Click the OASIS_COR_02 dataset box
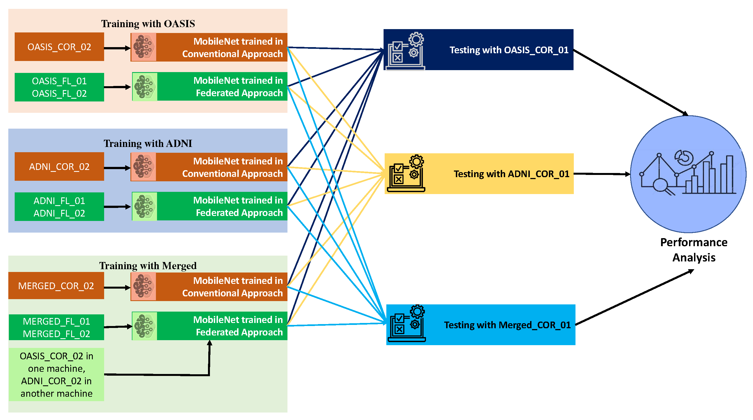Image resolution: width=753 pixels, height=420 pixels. pyautogui.click(x=59, y=47)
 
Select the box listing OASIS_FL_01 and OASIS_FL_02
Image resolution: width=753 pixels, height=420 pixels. pyautogui.click(x=59, y=87)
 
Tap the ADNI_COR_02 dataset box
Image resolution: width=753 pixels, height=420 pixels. pyautogui.click(x=59, y=167)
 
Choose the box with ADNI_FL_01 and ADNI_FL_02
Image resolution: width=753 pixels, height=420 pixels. pyautogui.click(x=59, y=207)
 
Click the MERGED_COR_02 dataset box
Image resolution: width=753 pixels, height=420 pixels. pyautogui.click(x=56, y=286)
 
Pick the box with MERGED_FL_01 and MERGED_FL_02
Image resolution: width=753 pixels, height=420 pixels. pyautogui.click(x=56, y=327)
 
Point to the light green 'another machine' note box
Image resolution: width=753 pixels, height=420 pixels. pyautogui.click(x=56, y=374)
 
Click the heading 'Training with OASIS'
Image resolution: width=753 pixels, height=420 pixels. pyautogui.click(x=148, y=24)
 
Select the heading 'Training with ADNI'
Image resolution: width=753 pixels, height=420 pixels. pyautogui.click(x=148, y=143)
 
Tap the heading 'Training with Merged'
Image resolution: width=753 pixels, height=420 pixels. pyautogui.click(x=148, y=266)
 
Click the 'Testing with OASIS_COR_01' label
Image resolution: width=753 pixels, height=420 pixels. pyautogui.click(x=509, y=50)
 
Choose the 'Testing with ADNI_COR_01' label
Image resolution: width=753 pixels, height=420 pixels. pyautogui.click(x=511, y=174)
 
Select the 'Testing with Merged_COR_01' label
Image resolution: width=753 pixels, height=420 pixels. pyautogui.click(x=507, y=325)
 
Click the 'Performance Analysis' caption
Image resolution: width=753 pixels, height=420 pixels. pyautogui.click(x=694, y=250)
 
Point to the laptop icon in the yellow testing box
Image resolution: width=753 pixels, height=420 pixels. pyautogui.click(x=406, y=174)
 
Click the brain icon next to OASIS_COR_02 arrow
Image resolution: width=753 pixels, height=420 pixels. pyautogui.click(x=143, y=47)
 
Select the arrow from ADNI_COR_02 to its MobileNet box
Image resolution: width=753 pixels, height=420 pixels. pyautogui.click(x=117, y=168)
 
